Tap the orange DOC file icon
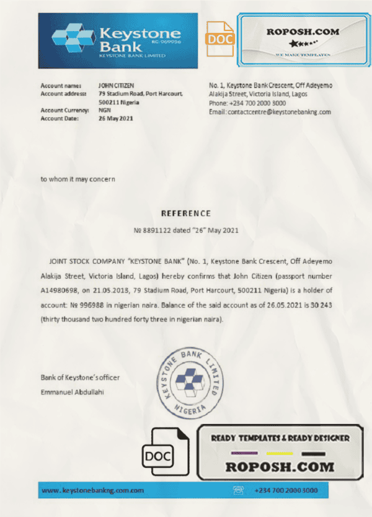click(x=219, y=38)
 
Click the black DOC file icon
click(x=162, y=456)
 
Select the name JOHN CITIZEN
click(x=117, y=85)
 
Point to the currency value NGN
click(x=104, y=110)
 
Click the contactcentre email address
click(x=279, y=112)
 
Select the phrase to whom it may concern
click(x=77, y=179)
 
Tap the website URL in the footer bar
click(x=93, y=490)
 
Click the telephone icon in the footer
click(x=238, y=490)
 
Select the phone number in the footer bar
click(x=286, y=490)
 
